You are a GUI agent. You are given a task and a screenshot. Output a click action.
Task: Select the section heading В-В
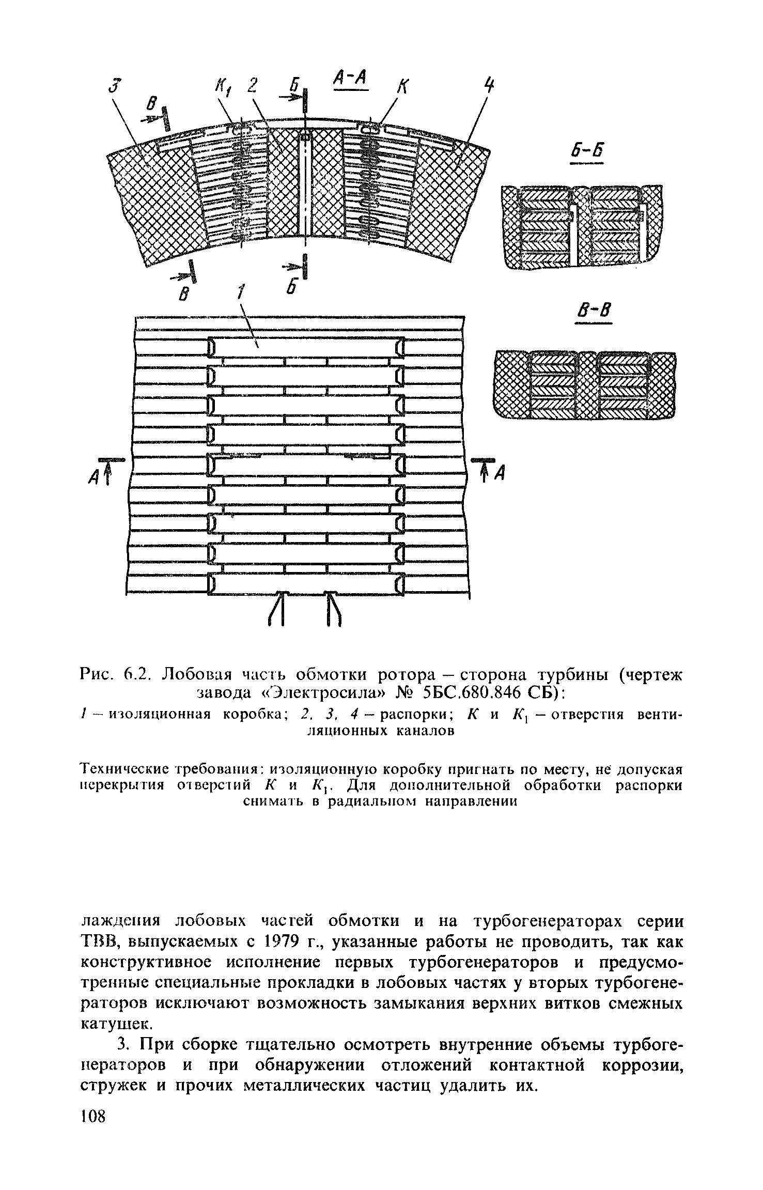(594, 312)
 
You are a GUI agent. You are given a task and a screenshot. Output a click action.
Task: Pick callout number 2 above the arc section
(252, 85)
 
